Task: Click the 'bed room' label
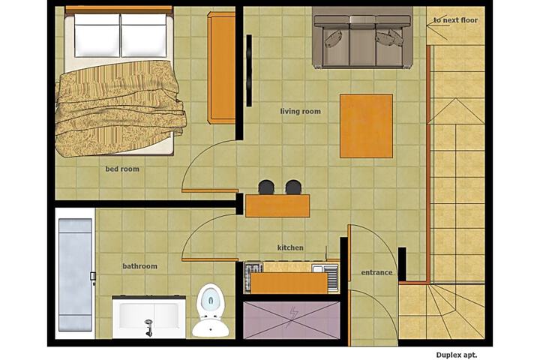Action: pyautogui.click(x=122, y=169)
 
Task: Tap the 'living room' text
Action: pyautogui.click(x=300, y=111)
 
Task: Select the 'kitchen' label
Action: pyautogui.click(x=290, y=247)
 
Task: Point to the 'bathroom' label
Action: pyautogui.click(x=139, y=266)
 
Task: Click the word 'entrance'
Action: pyautogui.click(x=376, y=272)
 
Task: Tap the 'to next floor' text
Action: pyautogui.click(x=456, y=20)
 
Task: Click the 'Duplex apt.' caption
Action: pyautogui.click(x=457, y=355)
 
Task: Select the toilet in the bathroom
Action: pyautogui.click(x=211, y=310)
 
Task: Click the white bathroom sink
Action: pyautogui.click(x=148, y=317)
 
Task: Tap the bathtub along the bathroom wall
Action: pyautogui.click(x=75, y=274)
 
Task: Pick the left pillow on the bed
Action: pyautogui.click(x=97, y=35)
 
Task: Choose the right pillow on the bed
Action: pyautogui.click(x=144, y=35)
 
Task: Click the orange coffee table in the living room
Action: pyautogui.click(x=367, y=126)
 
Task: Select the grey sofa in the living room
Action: pyautogui.click(x=363, y=37)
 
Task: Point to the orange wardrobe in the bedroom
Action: pyautogui.click(x=221, y=67)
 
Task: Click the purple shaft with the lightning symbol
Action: pyautogui.click(x=292, y=320)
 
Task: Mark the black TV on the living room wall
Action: pyautogui.click(x=249, y=70)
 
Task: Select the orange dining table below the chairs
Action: pyautogui.click(x=277, y=205)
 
